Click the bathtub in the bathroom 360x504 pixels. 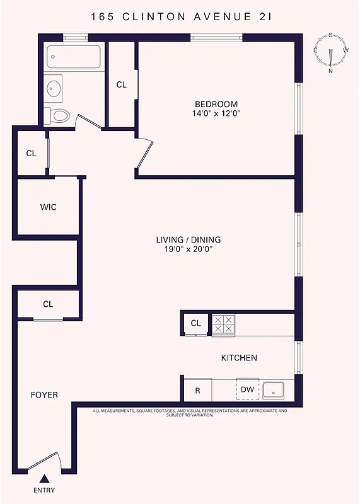point(74,57)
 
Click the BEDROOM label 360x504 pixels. point(216,104)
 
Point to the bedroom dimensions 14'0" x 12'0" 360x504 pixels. point(216,114)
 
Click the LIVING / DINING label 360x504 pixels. point(189,239)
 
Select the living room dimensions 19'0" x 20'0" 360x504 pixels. point(189,249)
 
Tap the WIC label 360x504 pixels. point(48,207)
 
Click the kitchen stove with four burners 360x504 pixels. point(222,324)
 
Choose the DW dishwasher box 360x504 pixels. point(247,390)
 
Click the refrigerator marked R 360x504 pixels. point(197,391)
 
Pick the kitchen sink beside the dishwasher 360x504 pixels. point(276,391)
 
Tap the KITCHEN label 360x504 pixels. point(239,358)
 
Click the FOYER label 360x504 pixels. point(44,395)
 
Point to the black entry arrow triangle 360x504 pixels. point(44,478)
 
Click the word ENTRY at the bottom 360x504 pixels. point(44,491)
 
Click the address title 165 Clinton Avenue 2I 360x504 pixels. point(180,17)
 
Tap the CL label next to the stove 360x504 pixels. point(195,323)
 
